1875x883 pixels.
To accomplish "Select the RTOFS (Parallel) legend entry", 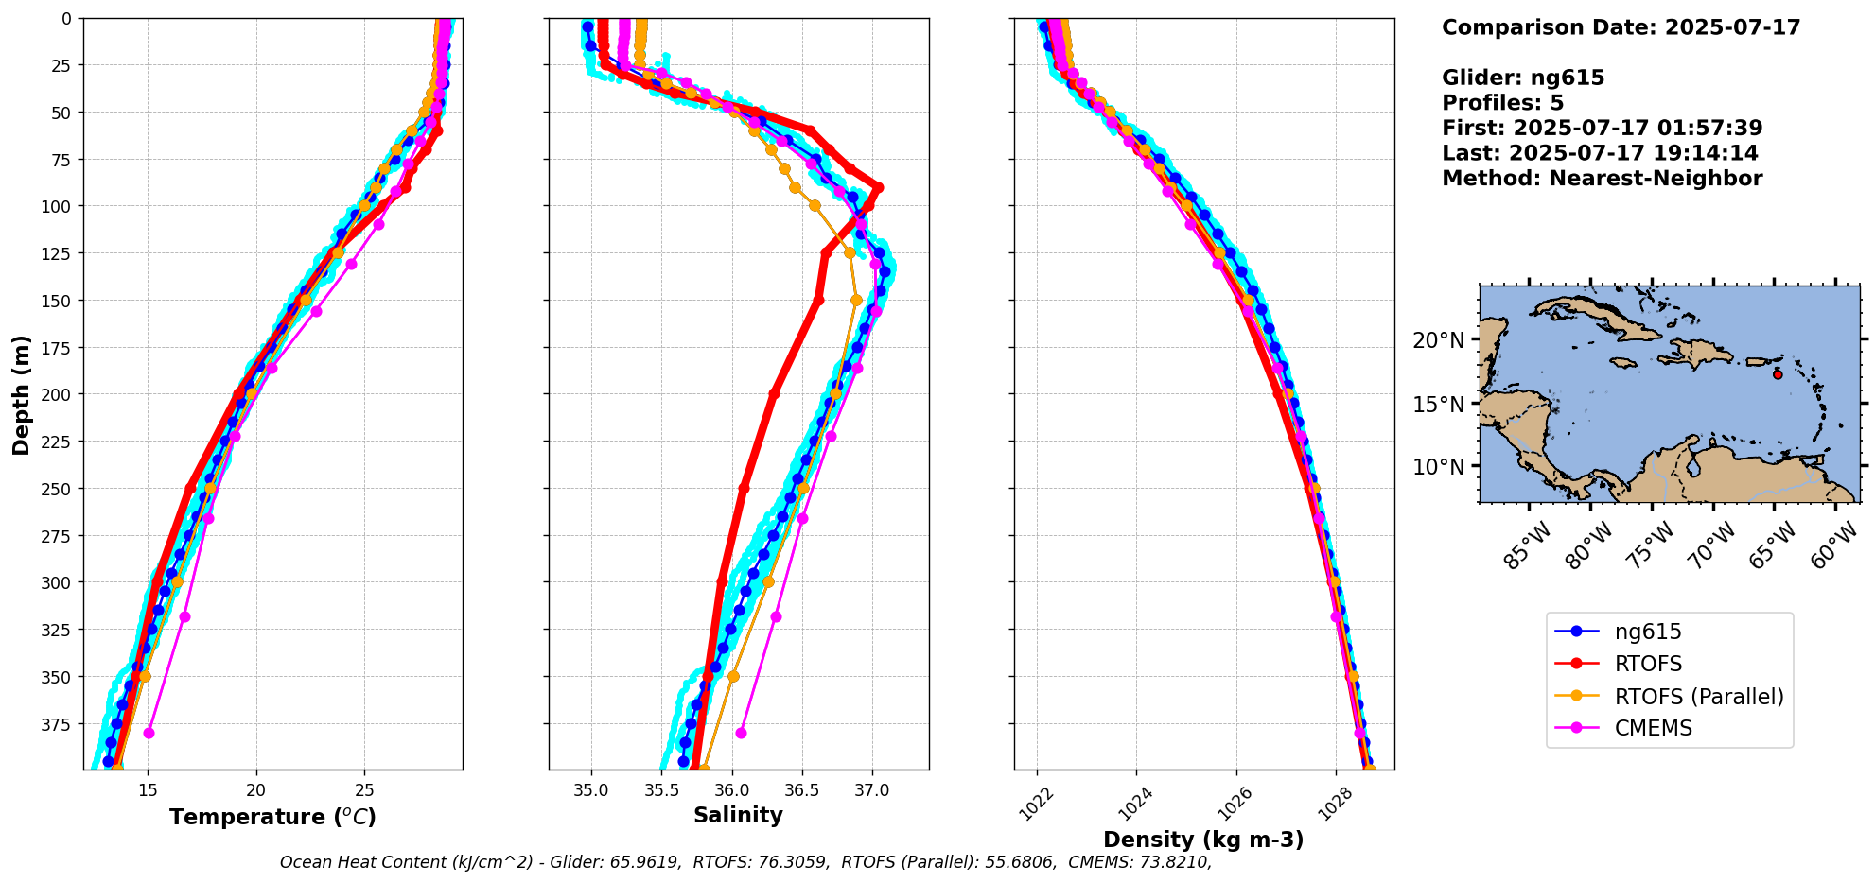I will [x=1698, y=696].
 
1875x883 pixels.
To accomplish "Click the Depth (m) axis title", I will [x=22, y=394].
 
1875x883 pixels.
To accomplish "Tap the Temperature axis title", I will [x=272, y=817].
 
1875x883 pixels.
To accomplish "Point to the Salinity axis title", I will [x=738, y=815].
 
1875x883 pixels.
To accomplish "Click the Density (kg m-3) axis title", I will [x=1203, y=840].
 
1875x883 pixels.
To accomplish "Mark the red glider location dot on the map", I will [x=1778, y=374].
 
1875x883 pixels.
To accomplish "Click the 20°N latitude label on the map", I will [x=1438, y=340].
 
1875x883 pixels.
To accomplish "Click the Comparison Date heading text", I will [x=1621, y=27].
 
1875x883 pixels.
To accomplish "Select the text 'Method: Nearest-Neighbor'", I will [x=1602, y=179].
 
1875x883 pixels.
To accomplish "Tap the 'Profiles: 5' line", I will [x=1502, y=103].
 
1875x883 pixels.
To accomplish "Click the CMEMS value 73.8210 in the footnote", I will [x=1173, y=862].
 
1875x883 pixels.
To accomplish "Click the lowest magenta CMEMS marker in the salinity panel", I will [x=741, y=733].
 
